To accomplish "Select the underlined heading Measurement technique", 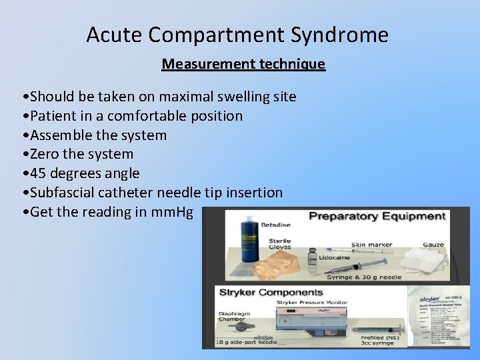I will (243, 65).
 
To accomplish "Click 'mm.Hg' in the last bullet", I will (172, 212).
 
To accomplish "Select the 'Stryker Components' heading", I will (271, 293).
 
